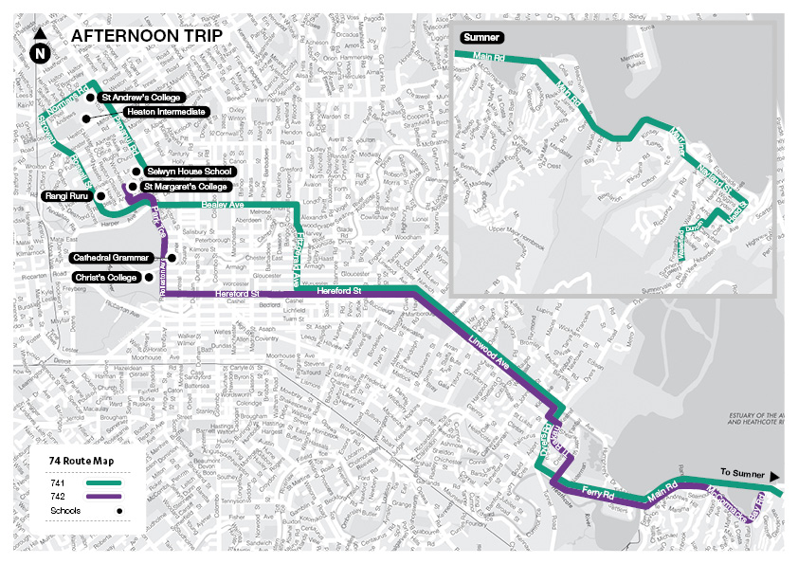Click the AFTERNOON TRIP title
147,35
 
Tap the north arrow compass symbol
40,48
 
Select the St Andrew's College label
139,97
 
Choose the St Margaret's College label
190,187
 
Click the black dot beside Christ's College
150,277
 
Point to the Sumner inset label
480,37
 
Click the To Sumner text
740,472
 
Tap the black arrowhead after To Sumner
775,475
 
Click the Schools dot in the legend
120,510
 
